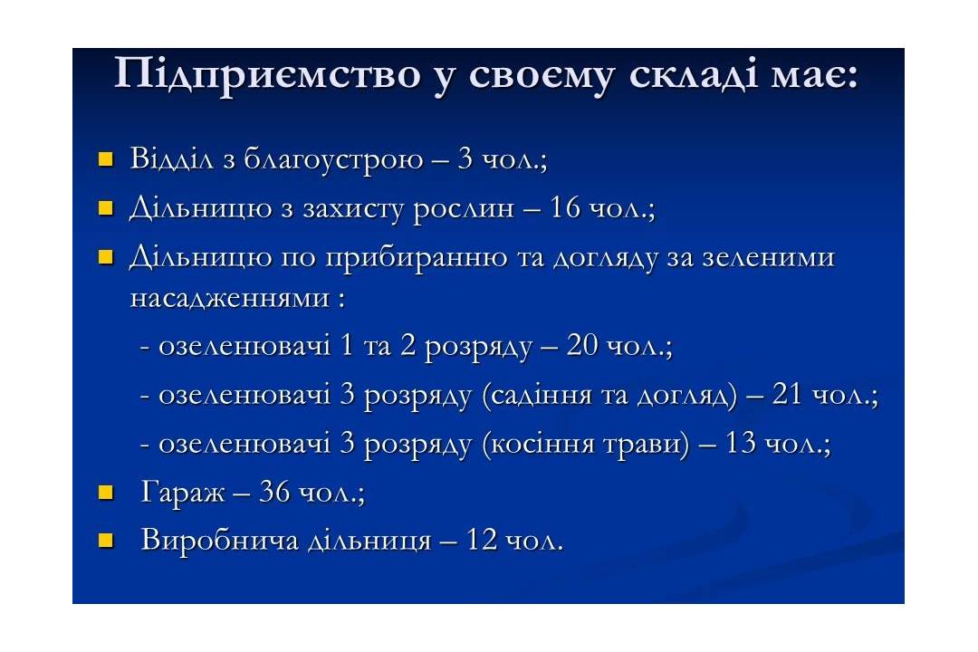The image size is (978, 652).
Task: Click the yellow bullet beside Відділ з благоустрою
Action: click(106, 159)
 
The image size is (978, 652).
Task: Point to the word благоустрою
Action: click(333, 158)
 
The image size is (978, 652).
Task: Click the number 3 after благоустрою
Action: click(465, 158)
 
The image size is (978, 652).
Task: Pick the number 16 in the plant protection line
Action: click(565, 207)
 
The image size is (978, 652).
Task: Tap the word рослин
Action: click(464, 208)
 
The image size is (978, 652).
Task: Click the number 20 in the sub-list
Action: click(582, 345)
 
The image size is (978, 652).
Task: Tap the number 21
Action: click(787, 394)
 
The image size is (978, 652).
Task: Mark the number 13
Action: click(741, 443)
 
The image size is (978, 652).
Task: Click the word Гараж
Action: click(182, 493)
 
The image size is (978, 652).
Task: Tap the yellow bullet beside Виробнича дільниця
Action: click(106, 540)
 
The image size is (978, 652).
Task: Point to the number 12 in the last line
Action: click(482, 539)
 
